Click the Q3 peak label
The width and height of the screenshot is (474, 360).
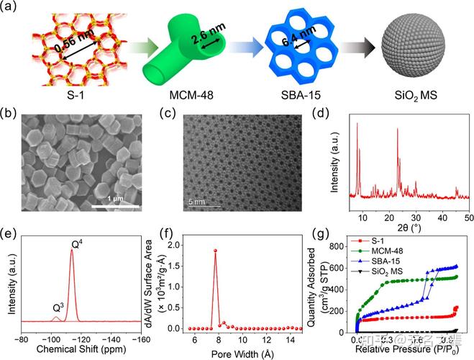57,307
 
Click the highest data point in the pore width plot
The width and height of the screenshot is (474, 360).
214,251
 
